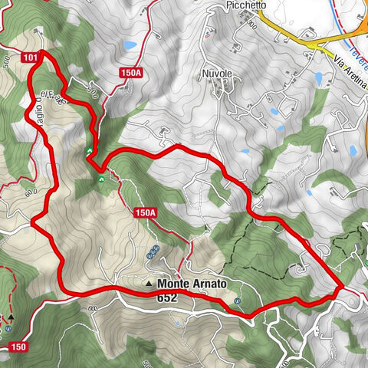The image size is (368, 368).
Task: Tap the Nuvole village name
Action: (x=217, y=75)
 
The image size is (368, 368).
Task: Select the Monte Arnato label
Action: (x=192, y=284)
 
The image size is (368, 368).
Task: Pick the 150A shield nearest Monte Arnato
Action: (x=145, y=212)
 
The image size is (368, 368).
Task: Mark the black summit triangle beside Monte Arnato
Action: (x=149, y=284)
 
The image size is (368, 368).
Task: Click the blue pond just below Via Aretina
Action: (x=318, y=78)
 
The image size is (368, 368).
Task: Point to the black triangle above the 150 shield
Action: (x=11, y=317)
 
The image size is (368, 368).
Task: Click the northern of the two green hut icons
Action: (x=90, y=150)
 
